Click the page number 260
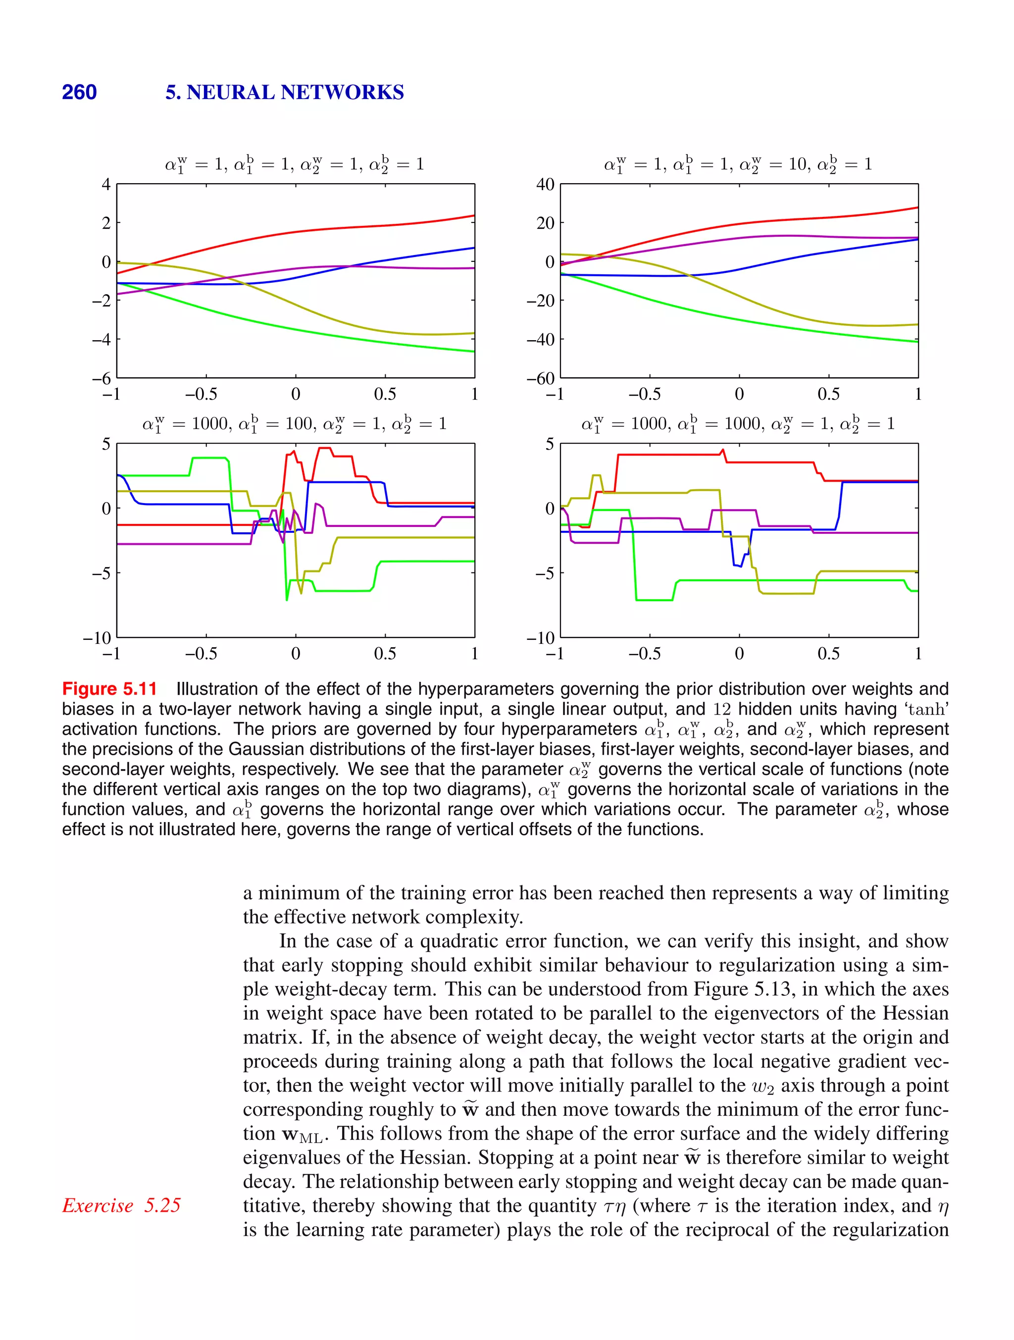pos(79,92)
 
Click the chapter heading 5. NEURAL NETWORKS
pos(284,92)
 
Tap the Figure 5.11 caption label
pos(109,689)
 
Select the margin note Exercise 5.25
pos(121,1205)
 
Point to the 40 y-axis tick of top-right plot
pos(545,184)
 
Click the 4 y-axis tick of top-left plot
pos(106,184)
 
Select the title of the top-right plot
pos(738,164)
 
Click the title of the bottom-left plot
pos(295,423)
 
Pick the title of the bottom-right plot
pos(738,423)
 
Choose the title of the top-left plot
pos(295,164)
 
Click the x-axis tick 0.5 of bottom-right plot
pos(828,654)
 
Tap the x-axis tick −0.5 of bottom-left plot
pos(201,654)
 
